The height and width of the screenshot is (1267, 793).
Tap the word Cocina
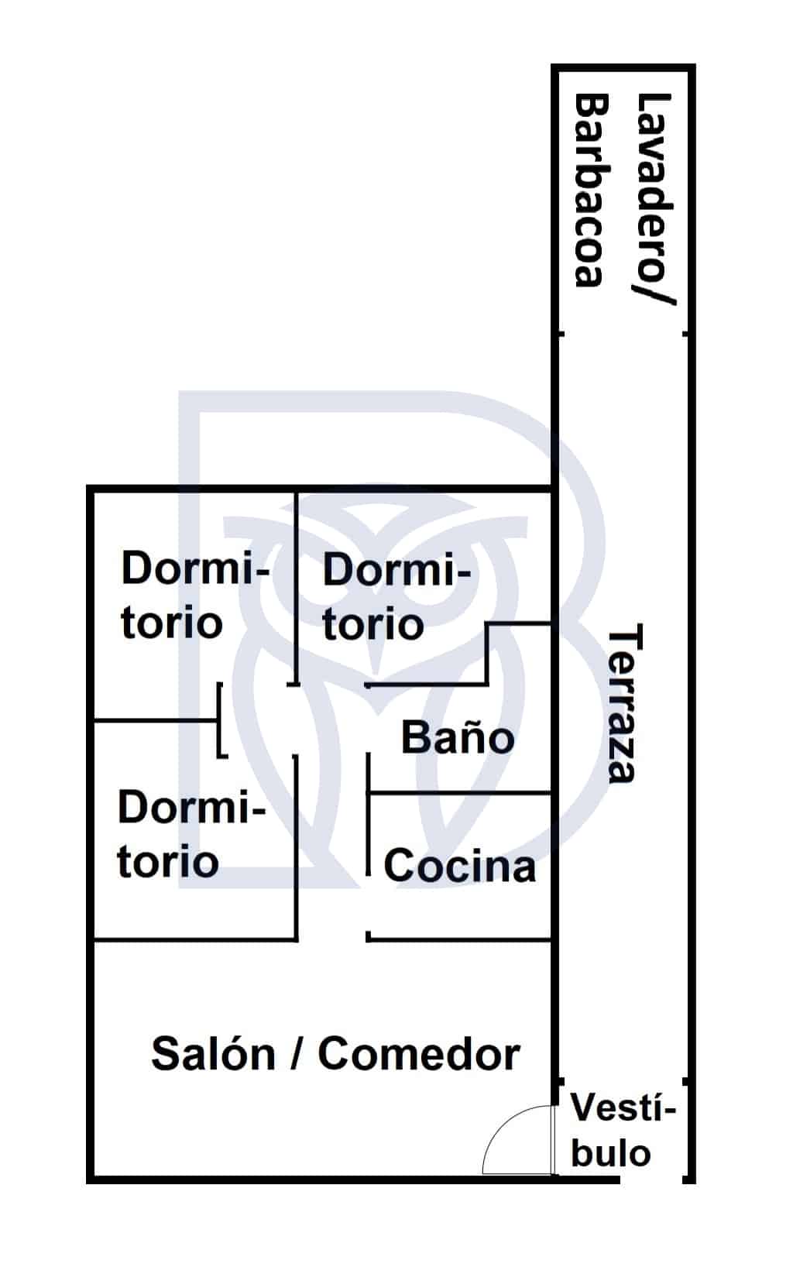(459, 865)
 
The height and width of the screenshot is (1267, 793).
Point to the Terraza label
(625, 703)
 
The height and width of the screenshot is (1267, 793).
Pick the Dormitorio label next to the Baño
(396, 596)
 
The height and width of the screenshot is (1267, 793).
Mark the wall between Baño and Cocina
(459, 793)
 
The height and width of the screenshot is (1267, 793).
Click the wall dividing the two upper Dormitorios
(296, 589)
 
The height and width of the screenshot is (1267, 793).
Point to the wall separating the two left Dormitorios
(156, 720)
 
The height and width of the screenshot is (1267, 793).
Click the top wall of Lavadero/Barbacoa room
(623, 68)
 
